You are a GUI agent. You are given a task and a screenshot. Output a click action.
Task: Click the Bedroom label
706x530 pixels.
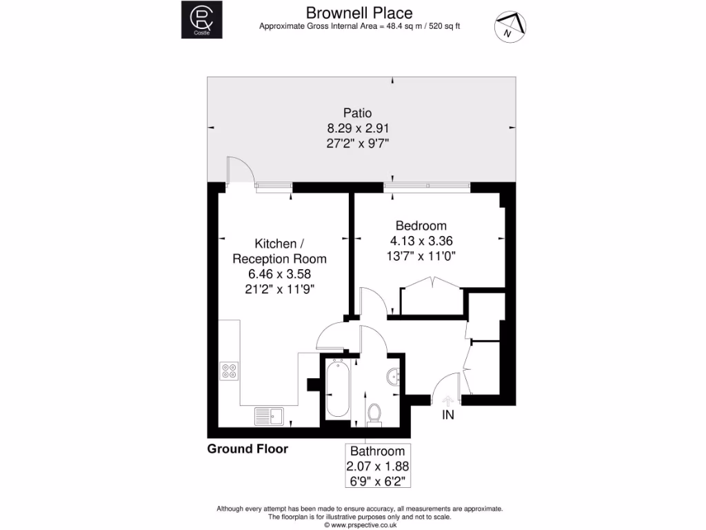[x=421, y=226]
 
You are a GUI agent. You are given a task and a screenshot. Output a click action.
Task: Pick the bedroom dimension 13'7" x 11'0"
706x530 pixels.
[x=421, y=255]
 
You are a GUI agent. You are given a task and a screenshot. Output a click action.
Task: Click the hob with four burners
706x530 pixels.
[x=229, y=371]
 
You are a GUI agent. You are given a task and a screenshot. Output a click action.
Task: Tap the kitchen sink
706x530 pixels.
[x=268, y=415]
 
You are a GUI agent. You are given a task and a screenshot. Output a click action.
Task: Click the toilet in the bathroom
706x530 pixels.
[x=375, y=413]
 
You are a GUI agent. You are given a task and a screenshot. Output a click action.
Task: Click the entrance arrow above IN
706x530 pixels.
[x=447, y=400]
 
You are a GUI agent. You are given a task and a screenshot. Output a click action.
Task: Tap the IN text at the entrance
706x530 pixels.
[x=448, y=415]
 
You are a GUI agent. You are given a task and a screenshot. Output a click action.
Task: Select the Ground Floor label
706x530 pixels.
[x=248, y=449]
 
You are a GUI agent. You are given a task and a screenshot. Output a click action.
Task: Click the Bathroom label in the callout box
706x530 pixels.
[x=377, y=451]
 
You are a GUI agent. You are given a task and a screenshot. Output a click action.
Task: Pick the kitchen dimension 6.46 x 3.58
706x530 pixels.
[x=279, y=273]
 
